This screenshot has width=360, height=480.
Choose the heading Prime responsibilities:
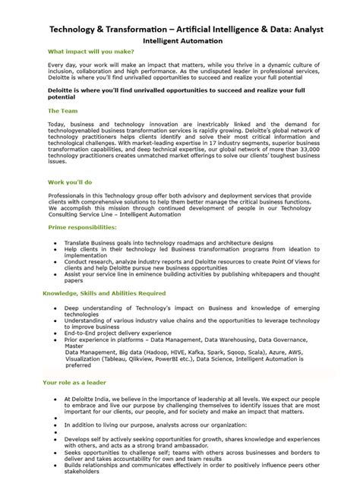[x=81, y=227]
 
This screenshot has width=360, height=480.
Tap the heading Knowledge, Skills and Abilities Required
[x=105, y=292]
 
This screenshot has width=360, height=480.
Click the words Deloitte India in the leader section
[x=93, y=397]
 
